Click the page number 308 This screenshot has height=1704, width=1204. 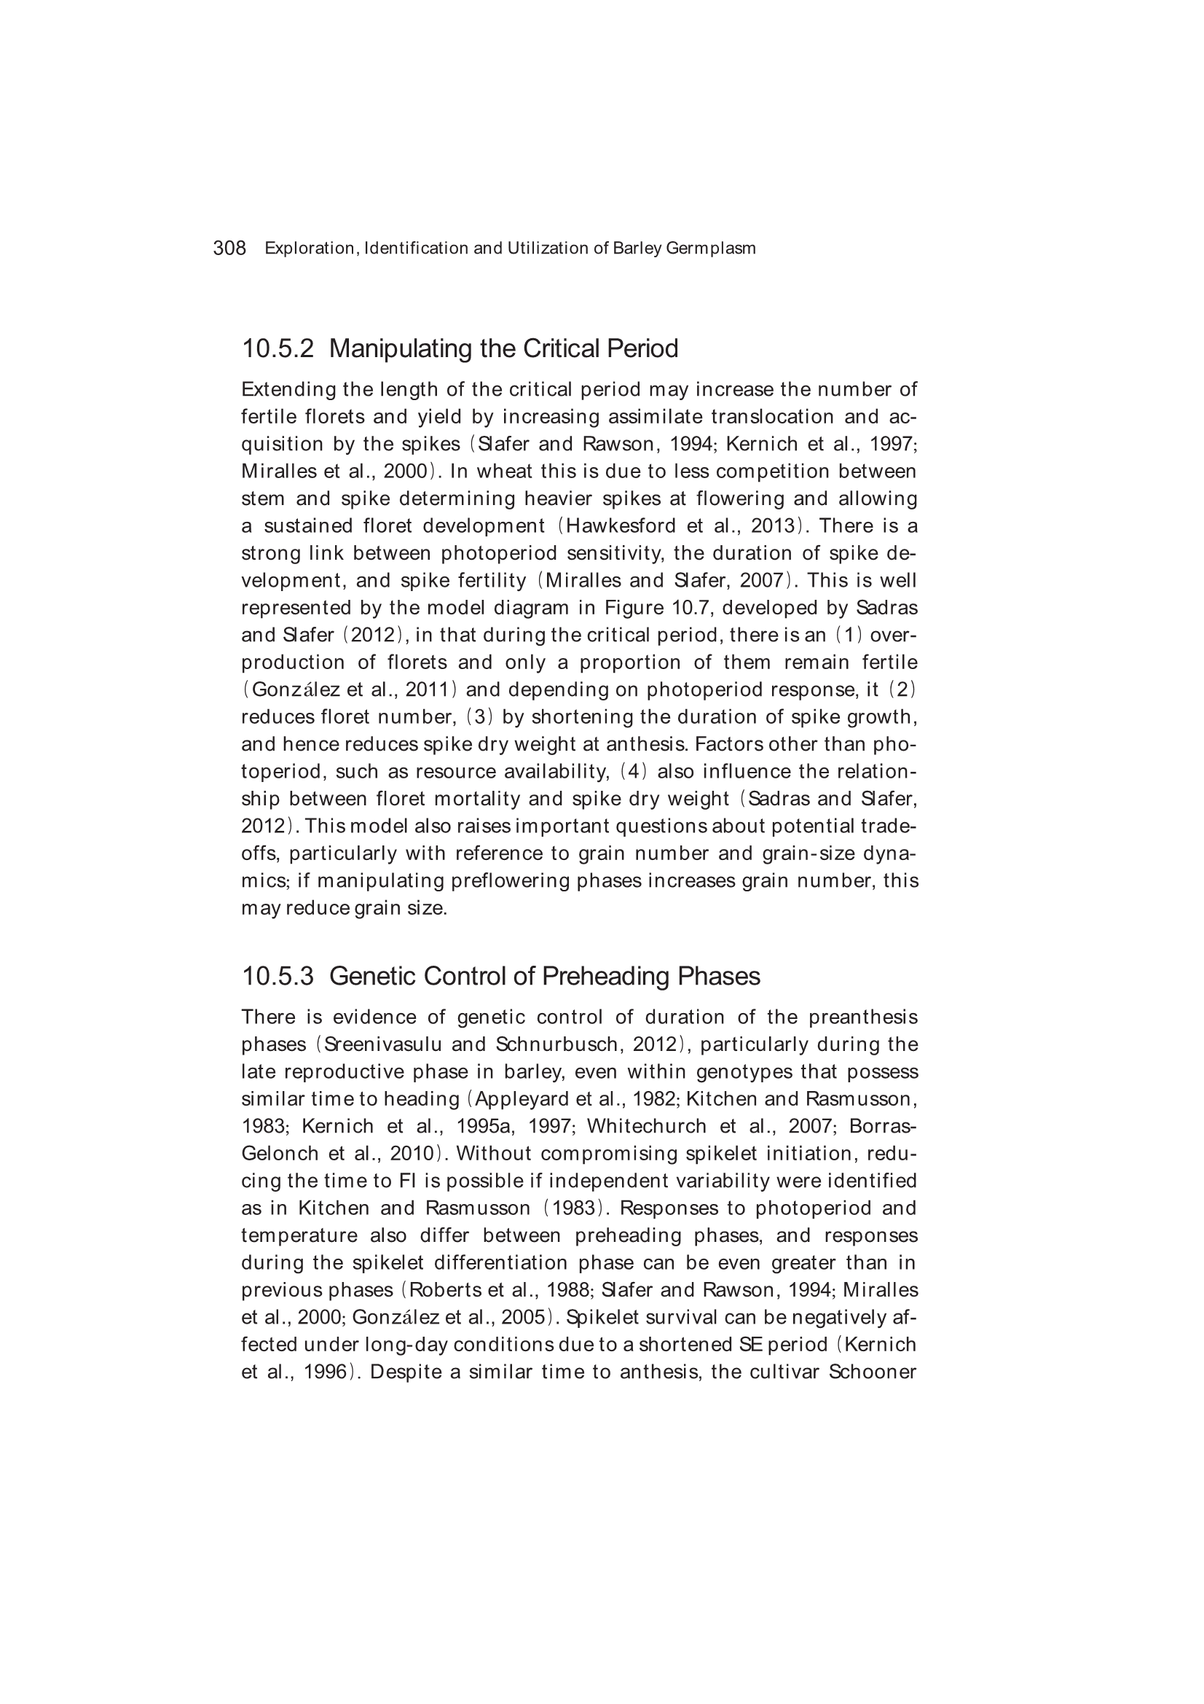(229, 248)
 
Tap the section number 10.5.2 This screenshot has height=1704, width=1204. (278, 348)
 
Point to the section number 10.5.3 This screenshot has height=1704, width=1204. (278, 976)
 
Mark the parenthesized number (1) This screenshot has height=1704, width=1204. (849, 636)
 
